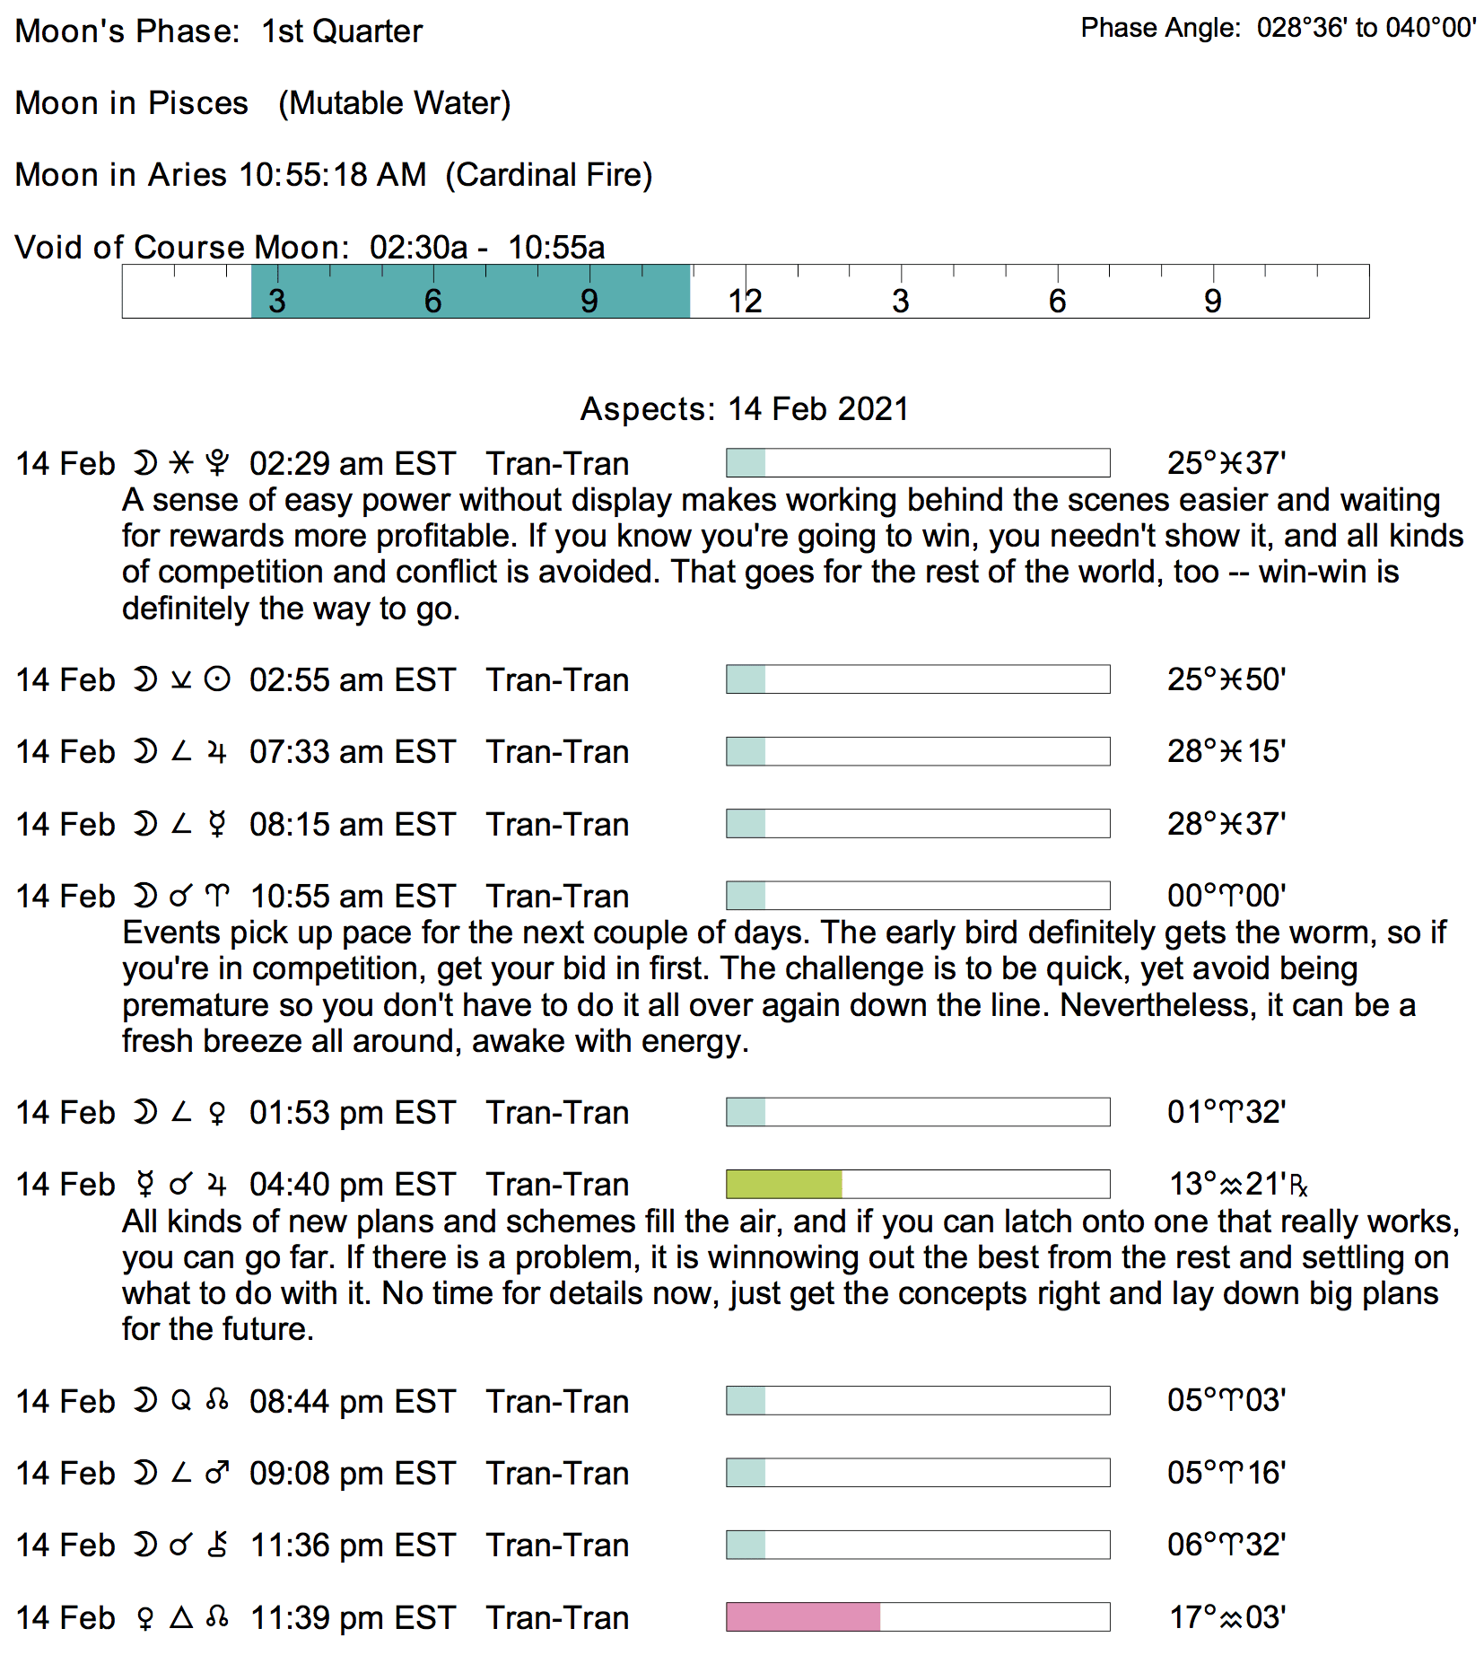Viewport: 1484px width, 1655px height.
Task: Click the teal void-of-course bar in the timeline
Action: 470,292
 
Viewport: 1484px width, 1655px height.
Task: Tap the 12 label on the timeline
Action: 745,302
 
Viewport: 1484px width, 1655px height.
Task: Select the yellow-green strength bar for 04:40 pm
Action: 783,1185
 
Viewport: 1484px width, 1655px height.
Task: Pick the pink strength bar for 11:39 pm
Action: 802,1617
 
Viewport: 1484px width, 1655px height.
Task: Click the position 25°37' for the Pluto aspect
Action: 1226,464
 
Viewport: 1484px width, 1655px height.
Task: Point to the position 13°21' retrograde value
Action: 1236,1185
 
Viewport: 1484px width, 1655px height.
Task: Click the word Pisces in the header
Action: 197,103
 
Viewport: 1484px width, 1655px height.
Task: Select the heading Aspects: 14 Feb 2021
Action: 744,409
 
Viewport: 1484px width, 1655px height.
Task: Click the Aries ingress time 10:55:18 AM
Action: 333,175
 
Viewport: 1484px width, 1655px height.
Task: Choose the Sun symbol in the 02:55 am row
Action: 217,679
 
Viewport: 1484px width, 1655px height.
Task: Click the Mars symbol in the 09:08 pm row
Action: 217,1473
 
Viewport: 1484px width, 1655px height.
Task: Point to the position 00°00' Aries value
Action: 1226,896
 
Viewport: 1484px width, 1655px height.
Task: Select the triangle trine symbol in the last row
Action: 181,1617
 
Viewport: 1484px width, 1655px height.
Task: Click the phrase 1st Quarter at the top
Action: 342,31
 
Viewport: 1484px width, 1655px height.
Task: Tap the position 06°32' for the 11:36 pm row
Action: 1226,1545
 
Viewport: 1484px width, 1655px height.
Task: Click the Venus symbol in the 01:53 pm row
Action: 217,1113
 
